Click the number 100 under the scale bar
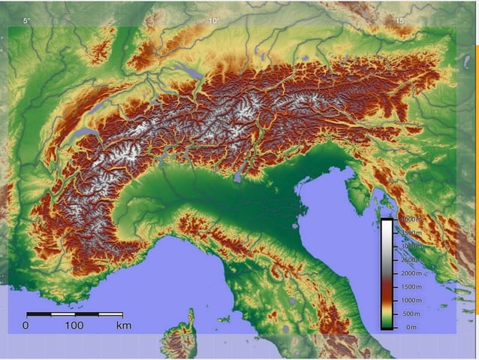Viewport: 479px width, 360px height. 74,325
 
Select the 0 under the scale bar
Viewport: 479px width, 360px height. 26,325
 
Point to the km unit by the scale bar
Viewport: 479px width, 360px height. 124,325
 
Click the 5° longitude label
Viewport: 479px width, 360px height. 26,21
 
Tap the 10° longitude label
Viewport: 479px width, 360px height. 213,21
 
